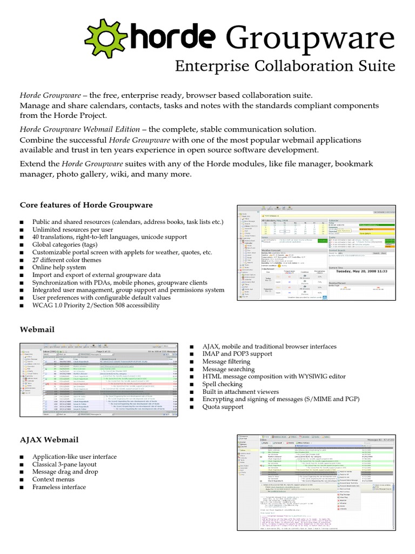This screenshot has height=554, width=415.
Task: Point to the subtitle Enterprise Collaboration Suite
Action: [x=285, y=67]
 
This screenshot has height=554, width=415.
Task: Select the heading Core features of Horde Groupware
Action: [x=86, y=205]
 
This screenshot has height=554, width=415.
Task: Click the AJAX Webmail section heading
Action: [x=49, y=425]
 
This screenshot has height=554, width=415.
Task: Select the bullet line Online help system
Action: [x=59, y=267]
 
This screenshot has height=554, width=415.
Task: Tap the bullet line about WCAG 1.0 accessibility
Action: [x=96, y=305]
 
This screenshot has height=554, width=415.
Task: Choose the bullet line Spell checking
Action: [x=222, y=384]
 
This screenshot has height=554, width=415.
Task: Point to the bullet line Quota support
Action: [x=222, y=406]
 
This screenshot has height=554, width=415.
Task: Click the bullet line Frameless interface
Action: [x=59, y=472]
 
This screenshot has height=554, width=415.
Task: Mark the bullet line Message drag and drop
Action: [x=65, y=457]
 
